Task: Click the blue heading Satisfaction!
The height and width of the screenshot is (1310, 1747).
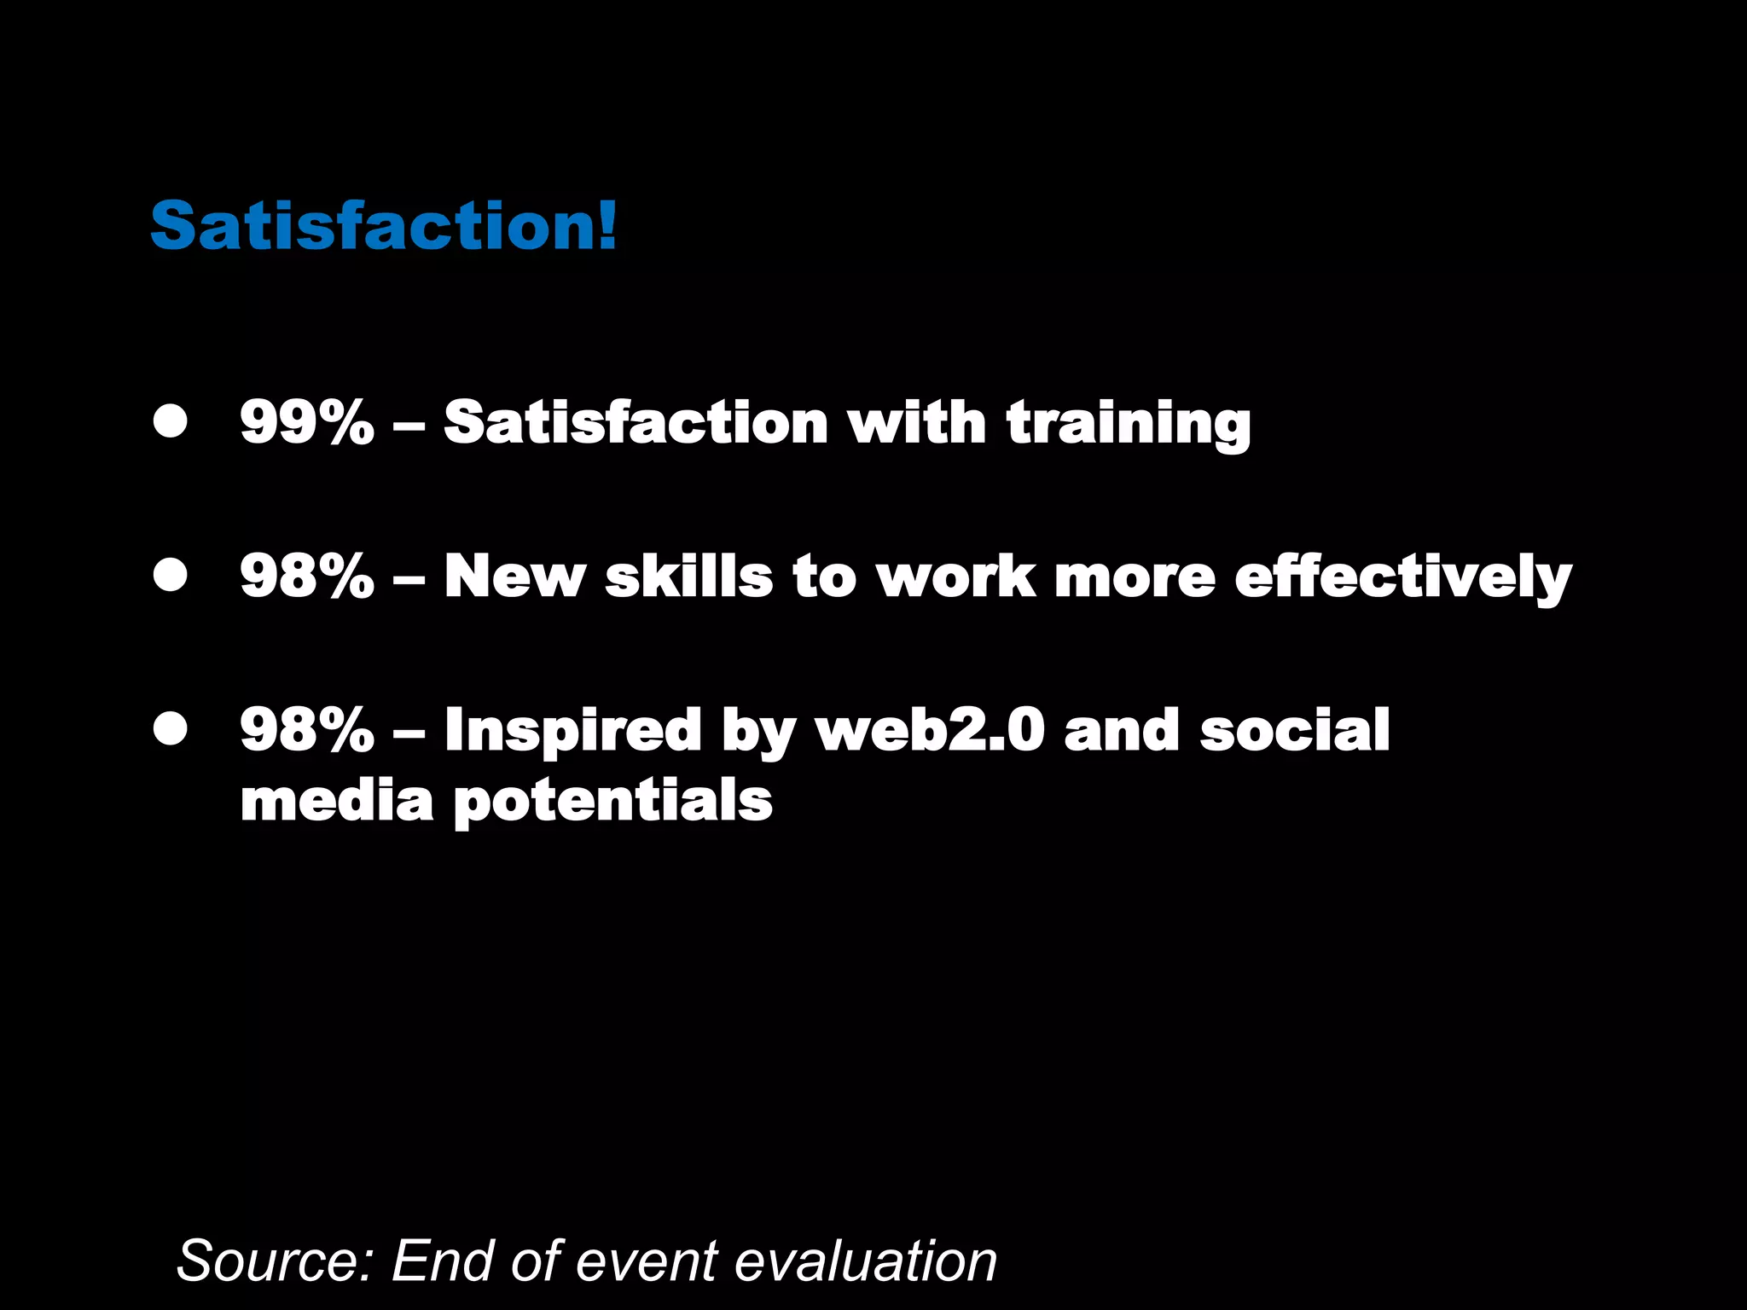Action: point(383,226)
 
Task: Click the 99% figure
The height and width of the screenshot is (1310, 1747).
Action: point(307,422)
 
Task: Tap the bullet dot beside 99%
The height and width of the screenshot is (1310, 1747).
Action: point(171,420)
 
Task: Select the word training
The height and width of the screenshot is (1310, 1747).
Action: point(1128,424)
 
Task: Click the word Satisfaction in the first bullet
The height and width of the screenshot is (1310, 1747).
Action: point(636,422)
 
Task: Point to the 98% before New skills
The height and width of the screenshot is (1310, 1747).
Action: point(307,576)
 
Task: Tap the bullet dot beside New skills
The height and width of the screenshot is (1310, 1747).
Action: point(171,575)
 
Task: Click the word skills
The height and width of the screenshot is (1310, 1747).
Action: point(688,576)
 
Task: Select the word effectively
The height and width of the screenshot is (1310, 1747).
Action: point(1402,578)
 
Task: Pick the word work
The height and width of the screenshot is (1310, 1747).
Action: point(956,576)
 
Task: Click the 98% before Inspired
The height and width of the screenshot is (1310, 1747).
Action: point(307,730)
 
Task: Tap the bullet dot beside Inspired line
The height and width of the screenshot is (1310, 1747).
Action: point(171,728)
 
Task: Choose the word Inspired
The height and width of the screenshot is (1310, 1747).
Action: point(572,732)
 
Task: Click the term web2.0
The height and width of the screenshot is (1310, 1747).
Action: point(930,730)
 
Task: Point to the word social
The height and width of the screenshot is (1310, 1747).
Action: point(1295,730)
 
